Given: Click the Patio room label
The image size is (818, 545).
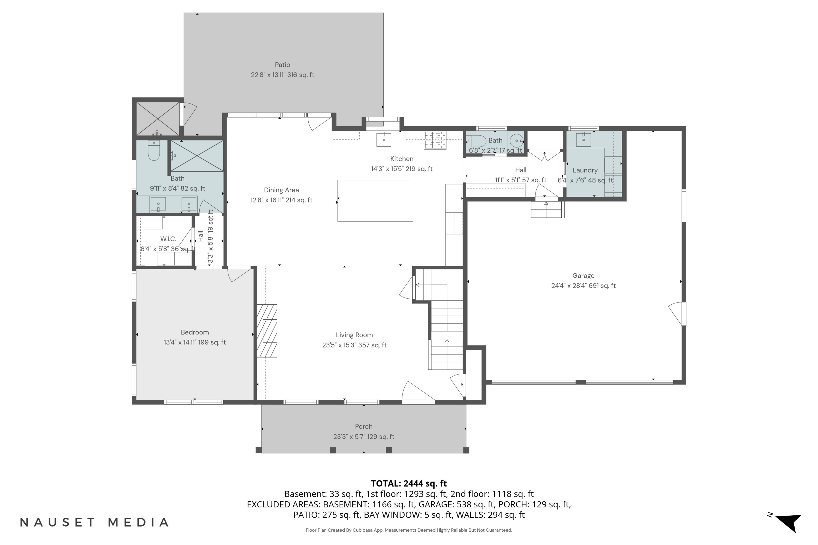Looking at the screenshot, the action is coord(282,65).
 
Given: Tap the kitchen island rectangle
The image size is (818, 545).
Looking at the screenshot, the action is coord(375,201).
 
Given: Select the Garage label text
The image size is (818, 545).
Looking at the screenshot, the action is coord(583,275).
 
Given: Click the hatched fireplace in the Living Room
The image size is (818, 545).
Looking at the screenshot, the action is coord(267,331).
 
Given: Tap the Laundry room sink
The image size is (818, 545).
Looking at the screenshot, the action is coord(584,139).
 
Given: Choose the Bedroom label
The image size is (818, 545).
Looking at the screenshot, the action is coord(195,332).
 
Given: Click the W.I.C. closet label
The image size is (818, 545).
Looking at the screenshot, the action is coord(168,239).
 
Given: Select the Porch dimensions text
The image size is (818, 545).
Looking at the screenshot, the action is coord(364,437).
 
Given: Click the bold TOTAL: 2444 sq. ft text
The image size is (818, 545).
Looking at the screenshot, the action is coord(409,483).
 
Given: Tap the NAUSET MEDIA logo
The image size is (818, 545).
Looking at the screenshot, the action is coord(94,522).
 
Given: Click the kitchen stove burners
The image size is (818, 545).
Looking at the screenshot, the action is coord(435,140).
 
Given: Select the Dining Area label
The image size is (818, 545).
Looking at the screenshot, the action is coord(281,190).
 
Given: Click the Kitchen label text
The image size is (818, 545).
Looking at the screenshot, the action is coord(402,159).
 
